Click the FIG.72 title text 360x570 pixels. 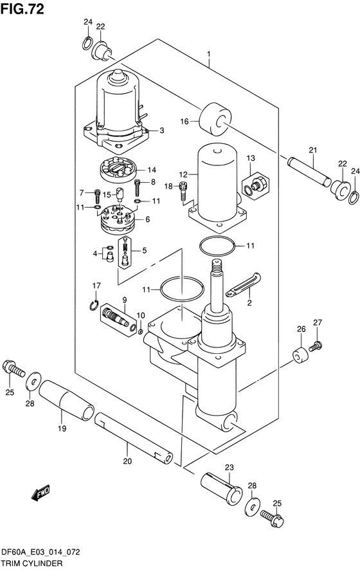(x=22, y=9)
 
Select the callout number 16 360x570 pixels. (x=184, y=121)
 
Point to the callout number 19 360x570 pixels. (x=62, y=428)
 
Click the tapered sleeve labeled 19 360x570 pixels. (x=66, y=401)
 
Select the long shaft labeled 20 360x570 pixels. (x=133, y=437)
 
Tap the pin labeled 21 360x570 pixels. (x=309, y=171)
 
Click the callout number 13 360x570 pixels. (x=251, y=158)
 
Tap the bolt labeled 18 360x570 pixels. (x=183, y=191)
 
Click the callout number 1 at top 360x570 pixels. (x=209, y=54)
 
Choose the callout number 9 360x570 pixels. (x=125, y=300)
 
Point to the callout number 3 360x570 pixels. (x=161, y=130)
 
